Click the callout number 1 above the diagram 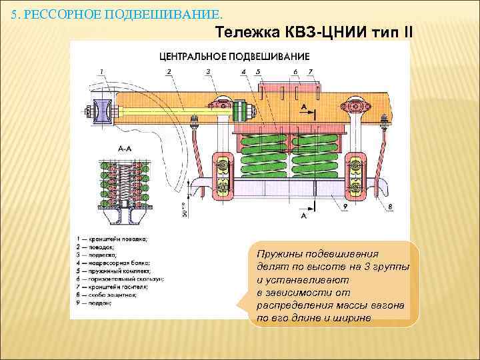click(x=101, y=71)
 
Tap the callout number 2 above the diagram click(x=169, y=71)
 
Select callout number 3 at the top click(x=208, y=71)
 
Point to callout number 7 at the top click(x=311, y=71)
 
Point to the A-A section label click(x=106, y=151)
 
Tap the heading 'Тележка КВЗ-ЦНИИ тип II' click(x=315, y=31)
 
